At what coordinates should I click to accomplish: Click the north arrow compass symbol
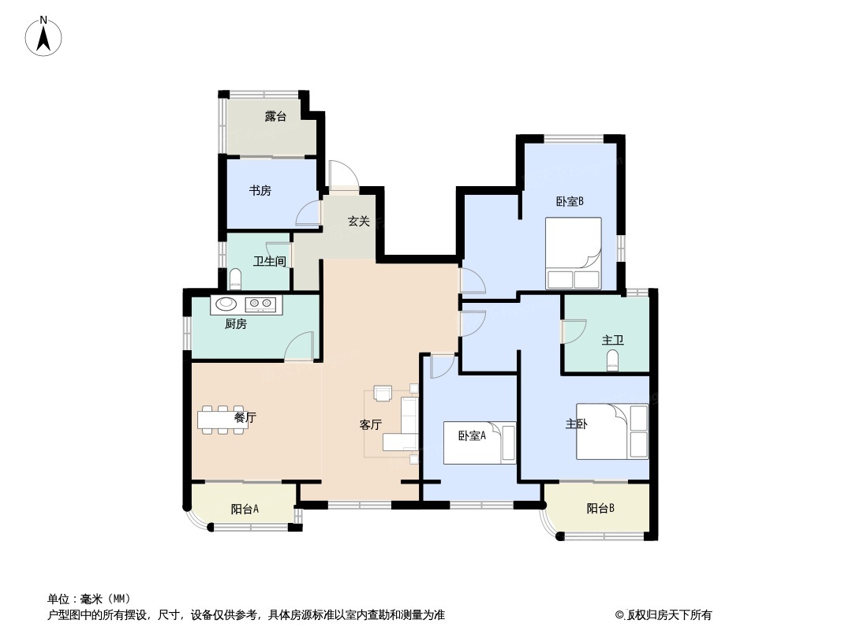[43, 36]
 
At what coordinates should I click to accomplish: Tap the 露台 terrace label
[275, 116]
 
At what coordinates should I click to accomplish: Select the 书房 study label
[260, 190]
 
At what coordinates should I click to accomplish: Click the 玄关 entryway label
[359, 221]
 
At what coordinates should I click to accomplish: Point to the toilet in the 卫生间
[235, 278]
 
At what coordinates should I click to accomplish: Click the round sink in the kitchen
[226, 304]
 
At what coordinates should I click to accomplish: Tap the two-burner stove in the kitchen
[260, 304]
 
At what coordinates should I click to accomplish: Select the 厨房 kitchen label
[235, 324]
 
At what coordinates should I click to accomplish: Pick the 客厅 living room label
[370, 424]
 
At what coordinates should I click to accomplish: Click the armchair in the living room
[383, 394]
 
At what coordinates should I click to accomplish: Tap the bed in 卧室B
[573, 253]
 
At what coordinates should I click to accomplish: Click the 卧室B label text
[570, 202]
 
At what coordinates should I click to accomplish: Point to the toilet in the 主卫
[612, 360]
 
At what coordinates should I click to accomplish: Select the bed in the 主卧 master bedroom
[612, 431]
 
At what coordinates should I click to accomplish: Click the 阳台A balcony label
[245, 509]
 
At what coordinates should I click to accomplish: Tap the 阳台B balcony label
[600, 508]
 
